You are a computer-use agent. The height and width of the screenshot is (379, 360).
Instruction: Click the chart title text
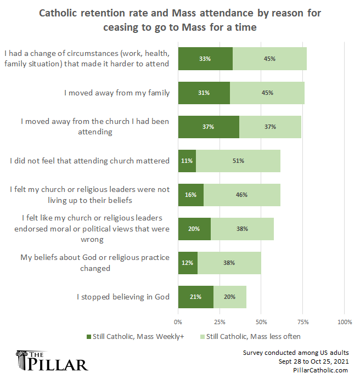click(x=180, y=20)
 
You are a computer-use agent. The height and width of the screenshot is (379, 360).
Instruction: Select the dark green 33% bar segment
click(x=205, y=59)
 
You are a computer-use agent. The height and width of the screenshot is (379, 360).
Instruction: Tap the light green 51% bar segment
click(x=238, y=161)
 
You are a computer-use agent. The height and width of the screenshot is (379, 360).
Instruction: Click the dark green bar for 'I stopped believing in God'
click(x=195, y=297)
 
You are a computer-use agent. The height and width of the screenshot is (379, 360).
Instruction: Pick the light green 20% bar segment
click(x=230, y=297)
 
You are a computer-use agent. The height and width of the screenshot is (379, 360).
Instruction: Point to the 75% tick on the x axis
click(x=302, y=321)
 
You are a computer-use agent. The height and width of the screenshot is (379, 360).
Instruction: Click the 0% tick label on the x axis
click(x=178, y=321)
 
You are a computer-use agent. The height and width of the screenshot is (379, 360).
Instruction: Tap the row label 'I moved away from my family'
click(x=116, y=93)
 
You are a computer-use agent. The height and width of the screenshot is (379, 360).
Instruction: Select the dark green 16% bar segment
click(x=191, y=195)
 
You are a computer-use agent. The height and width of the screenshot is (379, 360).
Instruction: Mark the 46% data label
click(x=241, y=195)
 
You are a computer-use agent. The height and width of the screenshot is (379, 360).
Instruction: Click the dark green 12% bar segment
click(x=188, y=263)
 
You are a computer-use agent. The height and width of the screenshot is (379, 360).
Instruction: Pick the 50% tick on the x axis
click(x=261, y=321)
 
